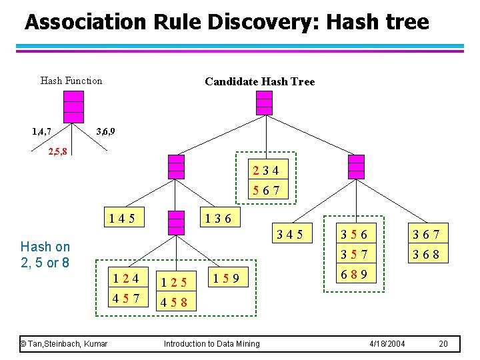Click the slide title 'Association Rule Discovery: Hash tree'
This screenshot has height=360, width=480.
click(227, 22)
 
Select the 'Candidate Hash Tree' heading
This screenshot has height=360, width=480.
click(259, 81)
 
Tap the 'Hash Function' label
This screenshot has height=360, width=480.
click(71, 81)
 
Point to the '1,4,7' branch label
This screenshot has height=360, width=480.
click(42, 131)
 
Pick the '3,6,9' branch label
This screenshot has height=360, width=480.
click(105, 131)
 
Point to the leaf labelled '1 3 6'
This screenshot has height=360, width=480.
click(219, 217)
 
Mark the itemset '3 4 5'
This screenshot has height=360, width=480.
click(290, 234)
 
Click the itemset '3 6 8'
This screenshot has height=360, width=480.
click(429, 255)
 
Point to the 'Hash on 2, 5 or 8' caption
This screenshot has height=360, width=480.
click(45, 254)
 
